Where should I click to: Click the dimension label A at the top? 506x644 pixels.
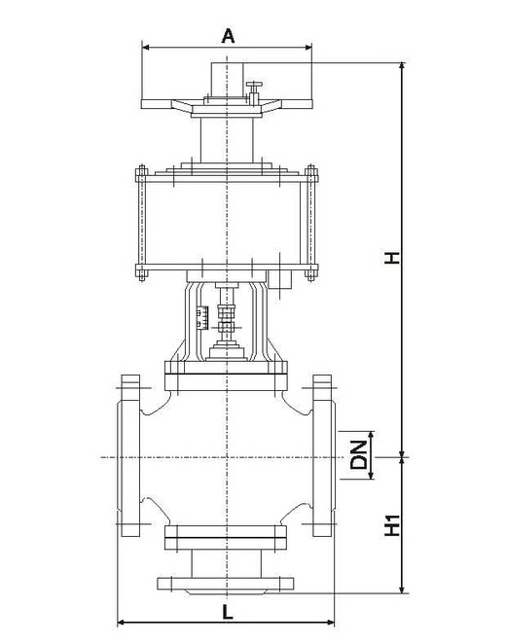click(x=228, y=36)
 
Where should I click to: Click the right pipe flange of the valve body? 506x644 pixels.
click(x=324, y=456)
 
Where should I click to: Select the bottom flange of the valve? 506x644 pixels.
click(x=226, y=584)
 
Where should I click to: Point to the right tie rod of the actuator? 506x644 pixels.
click(x=310, y=226)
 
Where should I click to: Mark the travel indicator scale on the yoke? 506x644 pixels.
click(x=203, y=316)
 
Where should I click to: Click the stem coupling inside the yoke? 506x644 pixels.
click(x=228, y=317)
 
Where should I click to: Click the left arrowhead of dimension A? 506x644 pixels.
click(x=145, y=46)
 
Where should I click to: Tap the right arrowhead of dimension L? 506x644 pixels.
click(x=331, y=621)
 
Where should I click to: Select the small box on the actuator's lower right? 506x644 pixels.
click(x=283, y=281)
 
